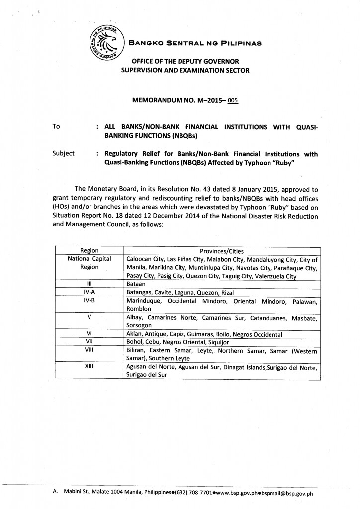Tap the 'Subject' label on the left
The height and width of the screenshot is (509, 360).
pyautogui.click(x=63, y=153)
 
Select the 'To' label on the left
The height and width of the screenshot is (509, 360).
pyautogui.click(x=56, y=126)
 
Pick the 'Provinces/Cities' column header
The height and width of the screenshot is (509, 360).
pyautogui.click(x=221, y=251)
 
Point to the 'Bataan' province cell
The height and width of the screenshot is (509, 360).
pyautogui.click(x=137, y=284)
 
